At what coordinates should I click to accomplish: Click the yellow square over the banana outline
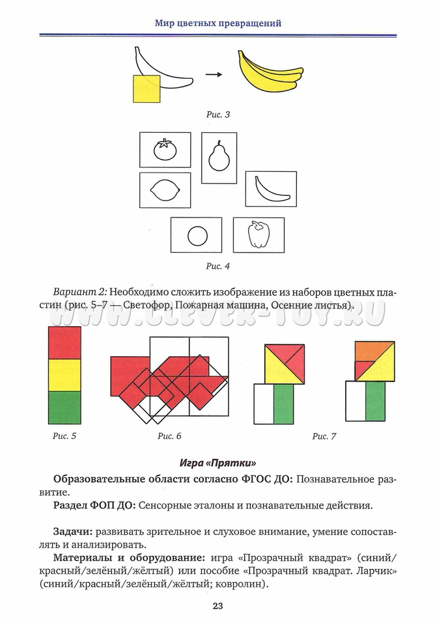tap(147, 89)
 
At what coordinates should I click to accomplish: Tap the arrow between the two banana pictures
tap(213, 75)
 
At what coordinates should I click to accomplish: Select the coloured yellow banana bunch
tap(269, 73)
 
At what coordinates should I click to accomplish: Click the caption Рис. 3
tap(218, 115)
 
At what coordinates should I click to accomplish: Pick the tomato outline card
tap(165, 150)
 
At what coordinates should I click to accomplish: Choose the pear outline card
tap(219, 158)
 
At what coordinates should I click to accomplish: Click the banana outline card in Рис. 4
tap(270, 189)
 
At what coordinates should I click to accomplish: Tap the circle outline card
tap(196, 235)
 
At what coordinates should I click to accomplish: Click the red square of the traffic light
tap(64, 343)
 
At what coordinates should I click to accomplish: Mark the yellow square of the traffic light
tap(64, 375)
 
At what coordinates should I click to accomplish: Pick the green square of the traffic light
tap(64, 408)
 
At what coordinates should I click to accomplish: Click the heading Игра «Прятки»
tap(218, 463)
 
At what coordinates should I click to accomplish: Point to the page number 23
tap(218, 606)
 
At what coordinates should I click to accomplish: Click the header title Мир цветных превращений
tap(218, 23)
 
